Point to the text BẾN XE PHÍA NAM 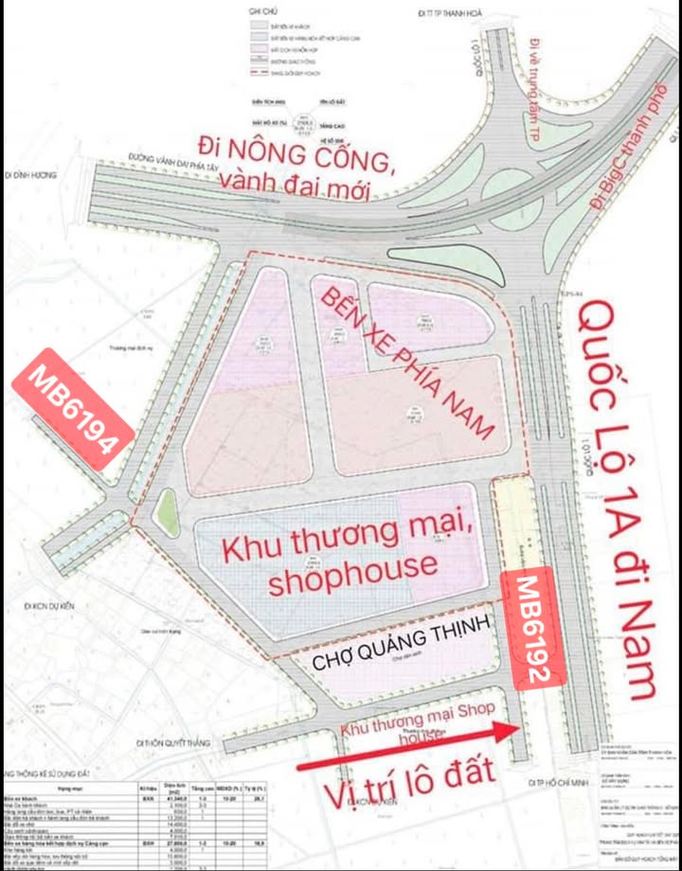point(407,363)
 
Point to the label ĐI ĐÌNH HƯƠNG point(31,176)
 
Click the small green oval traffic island point(166,512)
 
